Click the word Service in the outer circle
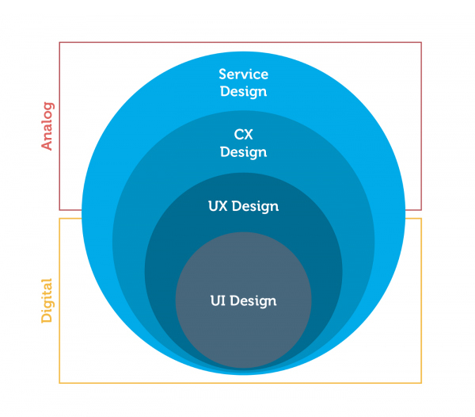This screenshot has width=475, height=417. (x=244, y=75)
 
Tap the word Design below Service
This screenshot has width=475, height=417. (x=244, y=91)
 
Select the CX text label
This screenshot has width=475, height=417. (x=243, y=135)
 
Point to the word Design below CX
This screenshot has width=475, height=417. (x=243, y=151)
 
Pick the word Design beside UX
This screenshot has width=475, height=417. (x=256, y=206)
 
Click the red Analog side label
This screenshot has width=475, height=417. (x=47, y=125)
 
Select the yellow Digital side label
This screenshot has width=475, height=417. (x=47, y=300)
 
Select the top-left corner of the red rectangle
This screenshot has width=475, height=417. (x=59, y=42)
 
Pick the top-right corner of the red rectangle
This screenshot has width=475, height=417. (x=422, y=42)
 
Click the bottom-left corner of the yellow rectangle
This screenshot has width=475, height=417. (x=59, y=383)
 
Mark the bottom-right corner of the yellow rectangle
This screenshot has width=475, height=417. (x=422, y=383)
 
